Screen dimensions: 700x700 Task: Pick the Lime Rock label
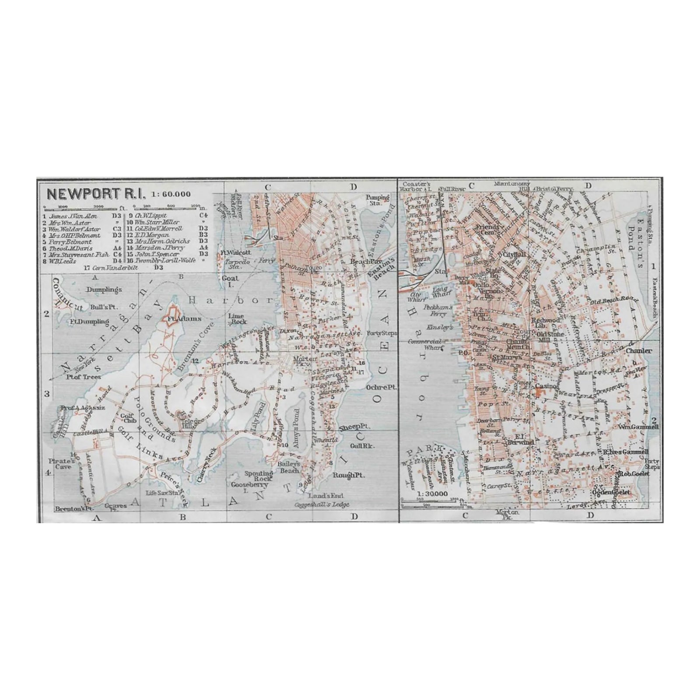tap(237, 318)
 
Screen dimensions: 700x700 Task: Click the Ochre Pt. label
tap(379, 388)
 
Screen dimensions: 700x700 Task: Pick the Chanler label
tap(639, 350)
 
